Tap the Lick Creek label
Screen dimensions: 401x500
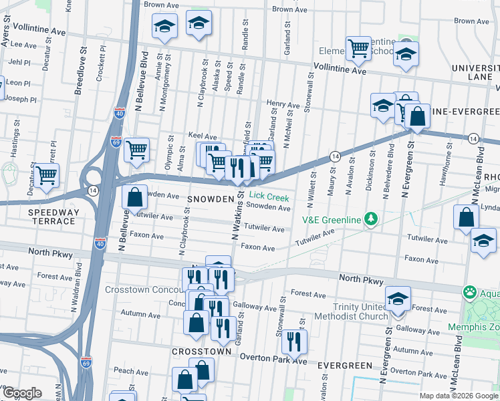pos(268,197)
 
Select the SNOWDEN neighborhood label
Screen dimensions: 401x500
pos(210,199)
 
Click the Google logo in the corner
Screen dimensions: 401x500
pos(21,393)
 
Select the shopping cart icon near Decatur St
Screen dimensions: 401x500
pos(47,175)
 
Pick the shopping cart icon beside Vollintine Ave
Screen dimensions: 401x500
pos(359,47)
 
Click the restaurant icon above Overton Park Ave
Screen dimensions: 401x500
pos(293,342)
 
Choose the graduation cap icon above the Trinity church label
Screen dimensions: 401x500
pos(398,298)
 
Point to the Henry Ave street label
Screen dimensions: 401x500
pos(283,104)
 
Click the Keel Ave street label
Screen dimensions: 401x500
pos(203,136)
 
